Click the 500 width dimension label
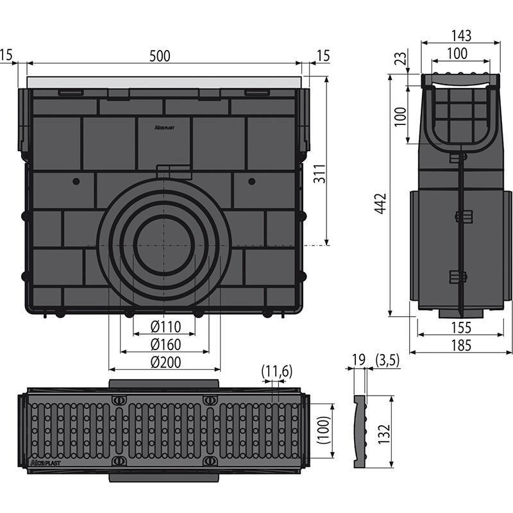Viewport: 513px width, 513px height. (160, 56)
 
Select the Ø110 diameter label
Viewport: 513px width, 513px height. (165, 326)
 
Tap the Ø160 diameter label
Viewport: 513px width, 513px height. (165, 344)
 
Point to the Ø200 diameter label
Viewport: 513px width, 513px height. (165, 362)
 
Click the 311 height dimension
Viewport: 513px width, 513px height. (319, 173)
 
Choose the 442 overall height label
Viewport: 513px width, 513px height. (381, 203)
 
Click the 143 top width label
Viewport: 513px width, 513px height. (461, 36)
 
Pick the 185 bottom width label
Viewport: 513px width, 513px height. (461, 346)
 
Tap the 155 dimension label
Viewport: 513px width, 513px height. (461, 328)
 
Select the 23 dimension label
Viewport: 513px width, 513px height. (402, 58)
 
